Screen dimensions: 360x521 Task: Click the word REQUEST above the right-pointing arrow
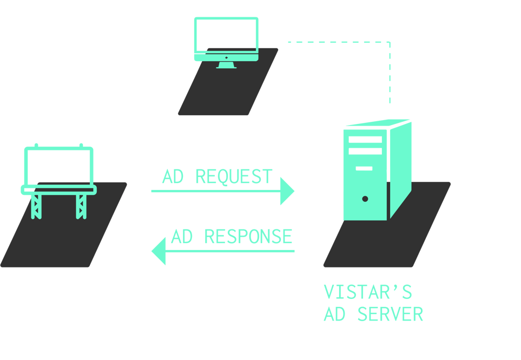tap(233, 176)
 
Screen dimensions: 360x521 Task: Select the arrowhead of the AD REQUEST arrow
tap(287, 191)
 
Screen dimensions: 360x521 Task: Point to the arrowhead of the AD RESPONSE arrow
tap(159, 251)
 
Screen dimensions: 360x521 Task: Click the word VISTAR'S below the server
tap(367, 292)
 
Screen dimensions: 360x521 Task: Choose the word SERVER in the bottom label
tap(390, 314)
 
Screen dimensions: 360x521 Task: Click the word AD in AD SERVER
tap(334, 314)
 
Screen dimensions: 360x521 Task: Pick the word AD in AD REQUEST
tap(173, 176)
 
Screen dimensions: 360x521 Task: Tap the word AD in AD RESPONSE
tap(182, 237)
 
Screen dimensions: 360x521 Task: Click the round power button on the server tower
tap(365, 199)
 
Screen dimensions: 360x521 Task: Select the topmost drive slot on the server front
tap(365, 139)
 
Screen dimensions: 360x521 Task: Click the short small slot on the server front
tap(364, 168)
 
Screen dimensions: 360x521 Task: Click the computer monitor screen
tap(226, 35)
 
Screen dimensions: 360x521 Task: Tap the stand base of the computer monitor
tap(226, 66)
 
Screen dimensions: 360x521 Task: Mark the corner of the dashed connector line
tap(390, 42)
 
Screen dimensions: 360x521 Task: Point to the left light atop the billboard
tap(36, 145)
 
